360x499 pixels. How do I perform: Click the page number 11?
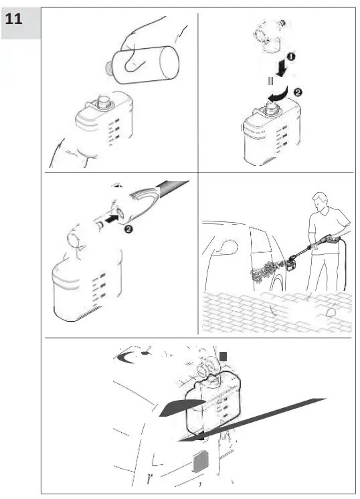[x=13, y=19]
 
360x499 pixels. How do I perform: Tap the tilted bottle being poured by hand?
[x=143, y=65]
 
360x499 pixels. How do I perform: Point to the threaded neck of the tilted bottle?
[x=108, y=68]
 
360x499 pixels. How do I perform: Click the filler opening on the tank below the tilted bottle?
[x=104, y=101]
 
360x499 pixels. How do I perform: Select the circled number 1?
[x=291, y=57]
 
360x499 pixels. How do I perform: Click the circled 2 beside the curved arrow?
[x=298, y=92]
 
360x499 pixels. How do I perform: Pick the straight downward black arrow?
[x=282, y=68]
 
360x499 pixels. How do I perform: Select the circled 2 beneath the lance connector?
[x=128, y=229]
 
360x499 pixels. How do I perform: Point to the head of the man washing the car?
[x=320, y=202]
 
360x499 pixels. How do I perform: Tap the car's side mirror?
[x=229, y=247]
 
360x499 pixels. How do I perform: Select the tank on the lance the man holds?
[x=291, y=265]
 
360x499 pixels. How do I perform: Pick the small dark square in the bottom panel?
[x=223, y=357]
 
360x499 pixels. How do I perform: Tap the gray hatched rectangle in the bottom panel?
[x=201, y=461]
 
